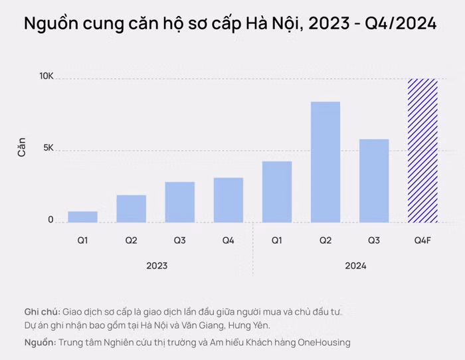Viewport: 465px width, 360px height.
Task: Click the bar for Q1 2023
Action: point(82,217)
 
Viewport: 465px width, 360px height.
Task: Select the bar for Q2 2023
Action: point(131,209)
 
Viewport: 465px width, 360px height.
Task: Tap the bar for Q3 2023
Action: point(179,202)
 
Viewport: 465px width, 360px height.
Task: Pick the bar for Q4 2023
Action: point(229,200)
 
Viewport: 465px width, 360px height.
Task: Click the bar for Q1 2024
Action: point(277,192)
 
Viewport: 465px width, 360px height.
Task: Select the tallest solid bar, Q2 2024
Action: point(325,162)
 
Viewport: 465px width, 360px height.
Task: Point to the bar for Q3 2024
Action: point(374,181)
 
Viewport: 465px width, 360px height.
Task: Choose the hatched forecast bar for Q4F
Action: point(422,151)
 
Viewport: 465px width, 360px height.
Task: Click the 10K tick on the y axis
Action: point(46,77)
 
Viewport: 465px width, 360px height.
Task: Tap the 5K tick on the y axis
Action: point(47,149)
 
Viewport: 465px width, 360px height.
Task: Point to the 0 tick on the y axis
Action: point(50,220)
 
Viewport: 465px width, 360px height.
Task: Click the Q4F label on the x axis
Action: point(422,239)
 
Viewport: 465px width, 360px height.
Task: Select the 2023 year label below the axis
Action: point(157,266)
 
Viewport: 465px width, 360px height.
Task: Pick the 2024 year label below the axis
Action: point(355,266)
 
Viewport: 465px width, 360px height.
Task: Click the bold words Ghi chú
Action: point(42,312)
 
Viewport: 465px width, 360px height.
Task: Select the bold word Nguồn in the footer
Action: point(39,342)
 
